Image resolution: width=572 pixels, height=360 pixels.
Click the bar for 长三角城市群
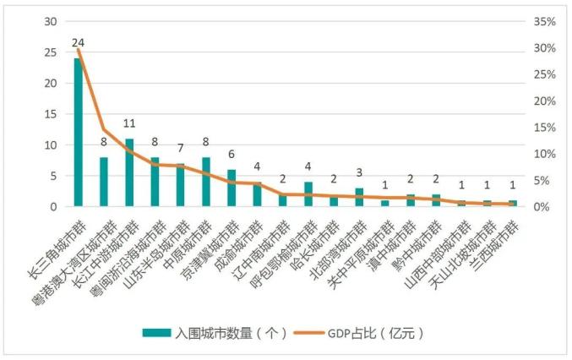78,133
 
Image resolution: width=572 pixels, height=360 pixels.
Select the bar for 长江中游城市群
129,172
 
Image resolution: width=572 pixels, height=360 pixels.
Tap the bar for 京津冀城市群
232,188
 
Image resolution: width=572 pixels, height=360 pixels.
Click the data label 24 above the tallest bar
78,42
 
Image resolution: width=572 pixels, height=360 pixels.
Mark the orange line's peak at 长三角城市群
78,49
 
